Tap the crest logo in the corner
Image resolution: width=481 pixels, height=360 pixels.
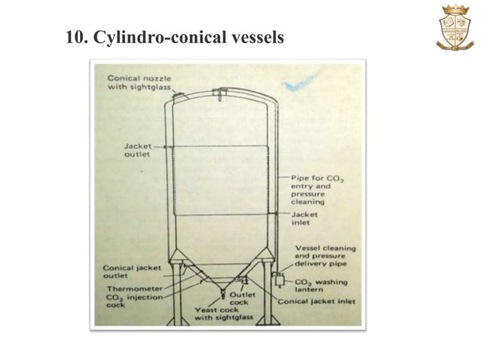pos(455,28)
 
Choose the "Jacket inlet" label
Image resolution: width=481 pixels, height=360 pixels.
pos(305,218)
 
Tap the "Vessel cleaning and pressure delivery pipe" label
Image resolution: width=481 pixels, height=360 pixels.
pos(324,256)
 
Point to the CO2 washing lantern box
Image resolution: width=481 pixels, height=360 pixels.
pos(278,280)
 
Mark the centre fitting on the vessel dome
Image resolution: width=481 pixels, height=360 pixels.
pos(219,93)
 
